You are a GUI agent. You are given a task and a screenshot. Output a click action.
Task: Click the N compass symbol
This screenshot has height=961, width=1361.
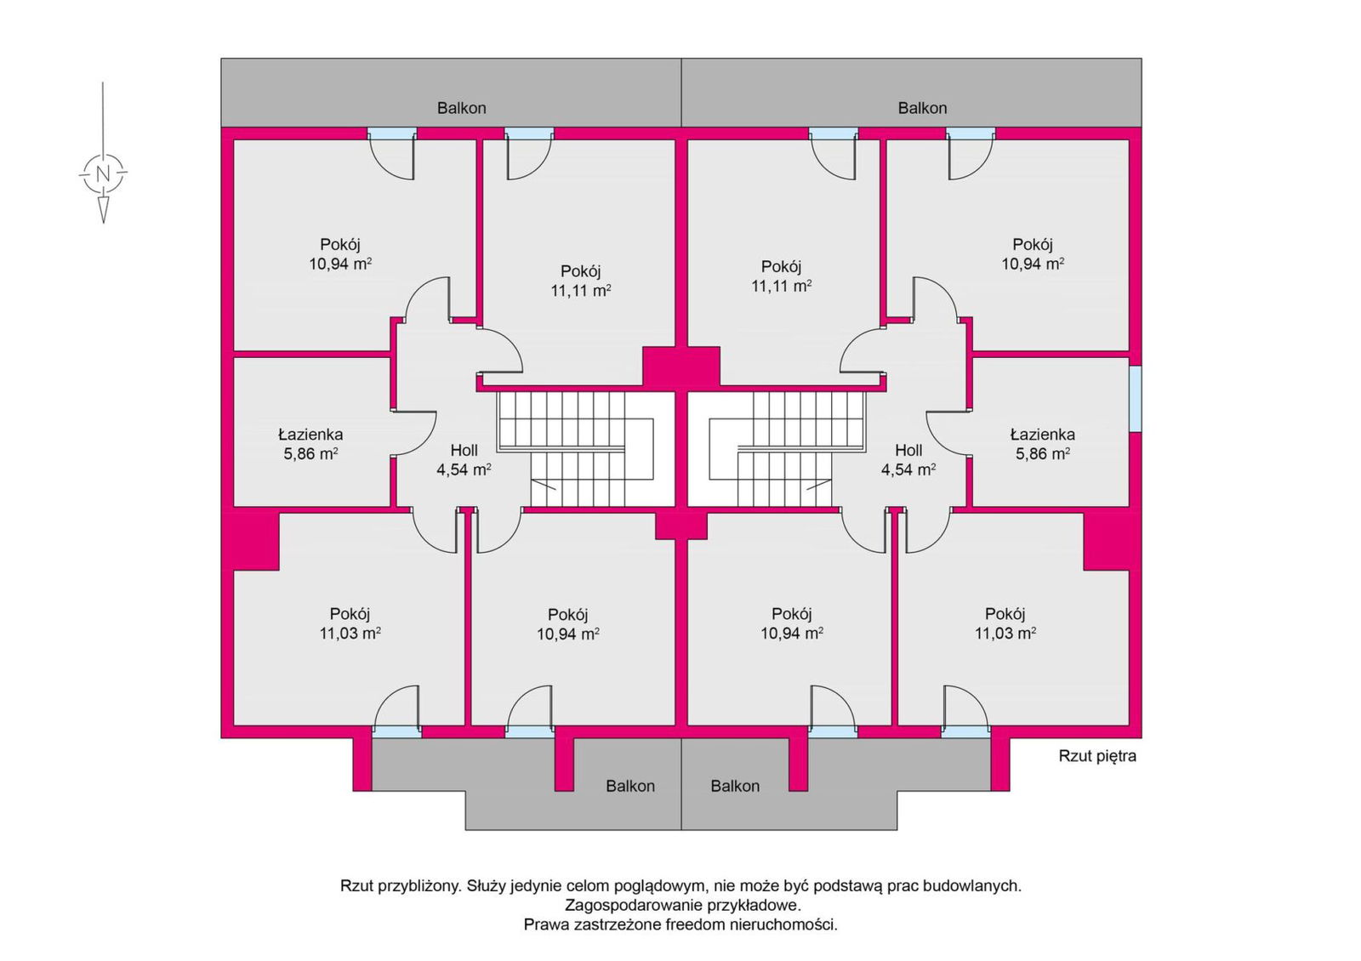pyautogui.click(x=103, y=173)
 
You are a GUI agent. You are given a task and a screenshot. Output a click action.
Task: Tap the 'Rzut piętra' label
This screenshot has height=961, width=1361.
pyautogui.click(x=1097, y=756)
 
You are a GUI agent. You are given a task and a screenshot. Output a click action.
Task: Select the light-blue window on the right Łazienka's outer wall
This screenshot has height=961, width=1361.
pyautogui.click(x=1135, y=399)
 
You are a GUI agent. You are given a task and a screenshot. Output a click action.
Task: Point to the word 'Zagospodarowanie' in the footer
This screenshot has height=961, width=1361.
pyautogui.click(x=633, y=905)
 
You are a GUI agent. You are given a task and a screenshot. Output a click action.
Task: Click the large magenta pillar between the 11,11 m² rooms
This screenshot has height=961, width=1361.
pyautogui.click(x=681, y=367)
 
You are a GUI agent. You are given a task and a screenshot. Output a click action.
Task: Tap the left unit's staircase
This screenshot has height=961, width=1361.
pyautogui.click(x=585, y=449)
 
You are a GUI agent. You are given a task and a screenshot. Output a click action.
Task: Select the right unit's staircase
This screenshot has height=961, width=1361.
pyautogui.click(x=776, y=449)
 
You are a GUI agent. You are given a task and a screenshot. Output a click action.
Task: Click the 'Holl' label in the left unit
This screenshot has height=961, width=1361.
pyautogui.click(x=464, y=450)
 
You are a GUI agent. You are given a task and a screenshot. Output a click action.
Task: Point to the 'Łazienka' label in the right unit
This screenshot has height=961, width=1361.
pyautogui.click(x=1043, y=435)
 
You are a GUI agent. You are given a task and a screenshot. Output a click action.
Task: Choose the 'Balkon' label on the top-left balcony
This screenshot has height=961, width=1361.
pyautogui.click(x=462, y=108)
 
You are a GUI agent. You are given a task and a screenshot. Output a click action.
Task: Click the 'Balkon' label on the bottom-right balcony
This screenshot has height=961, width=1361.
pyautogui.click(x=735, y=786)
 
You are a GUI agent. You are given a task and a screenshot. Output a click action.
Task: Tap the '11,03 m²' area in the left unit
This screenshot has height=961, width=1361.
pyautogui.click(x=350, y=634)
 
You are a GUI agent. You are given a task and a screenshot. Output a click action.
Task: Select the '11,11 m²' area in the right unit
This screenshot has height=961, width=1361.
pyautogui.click(x=782, y=286)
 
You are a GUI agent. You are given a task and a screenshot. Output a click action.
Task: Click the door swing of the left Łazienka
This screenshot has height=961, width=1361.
pyautogui.click(x=415, y=433)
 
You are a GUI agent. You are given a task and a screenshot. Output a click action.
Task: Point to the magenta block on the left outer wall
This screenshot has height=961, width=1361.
pyautogui.click(x=256, y=541)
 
